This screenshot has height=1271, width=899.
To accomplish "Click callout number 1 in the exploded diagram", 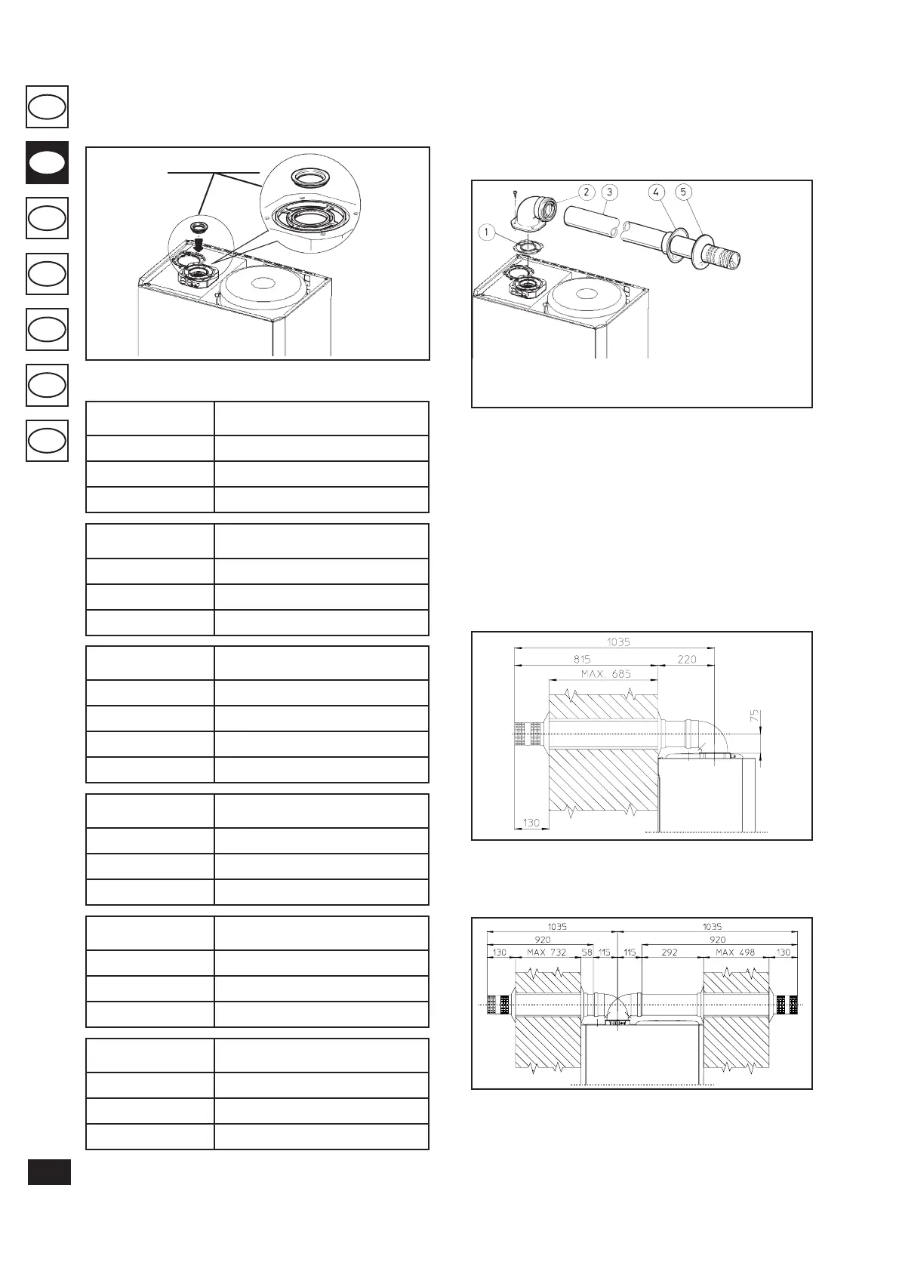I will point(487,232).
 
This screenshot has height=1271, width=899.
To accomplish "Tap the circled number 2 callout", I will point(586,192).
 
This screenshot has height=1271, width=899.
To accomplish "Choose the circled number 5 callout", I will point(683,192).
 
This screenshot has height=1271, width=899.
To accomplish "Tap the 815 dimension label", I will point(582,659).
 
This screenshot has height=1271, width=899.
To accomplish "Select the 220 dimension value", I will point(687,659).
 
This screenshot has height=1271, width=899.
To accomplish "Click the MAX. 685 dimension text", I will point(606,673).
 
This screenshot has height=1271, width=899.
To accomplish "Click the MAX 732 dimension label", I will point(546,952).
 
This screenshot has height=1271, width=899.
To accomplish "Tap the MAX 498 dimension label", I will point(735,952).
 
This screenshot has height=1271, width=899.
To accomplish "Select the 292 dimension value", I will point(670,952).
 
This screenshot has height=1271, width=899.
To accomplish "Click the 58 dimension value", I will point(587,952).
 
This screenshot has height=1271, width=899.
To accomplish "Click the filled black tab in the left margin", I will point(47,162).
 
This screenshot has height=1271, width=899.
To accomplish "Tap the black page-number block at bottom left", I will point(49,1172).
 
